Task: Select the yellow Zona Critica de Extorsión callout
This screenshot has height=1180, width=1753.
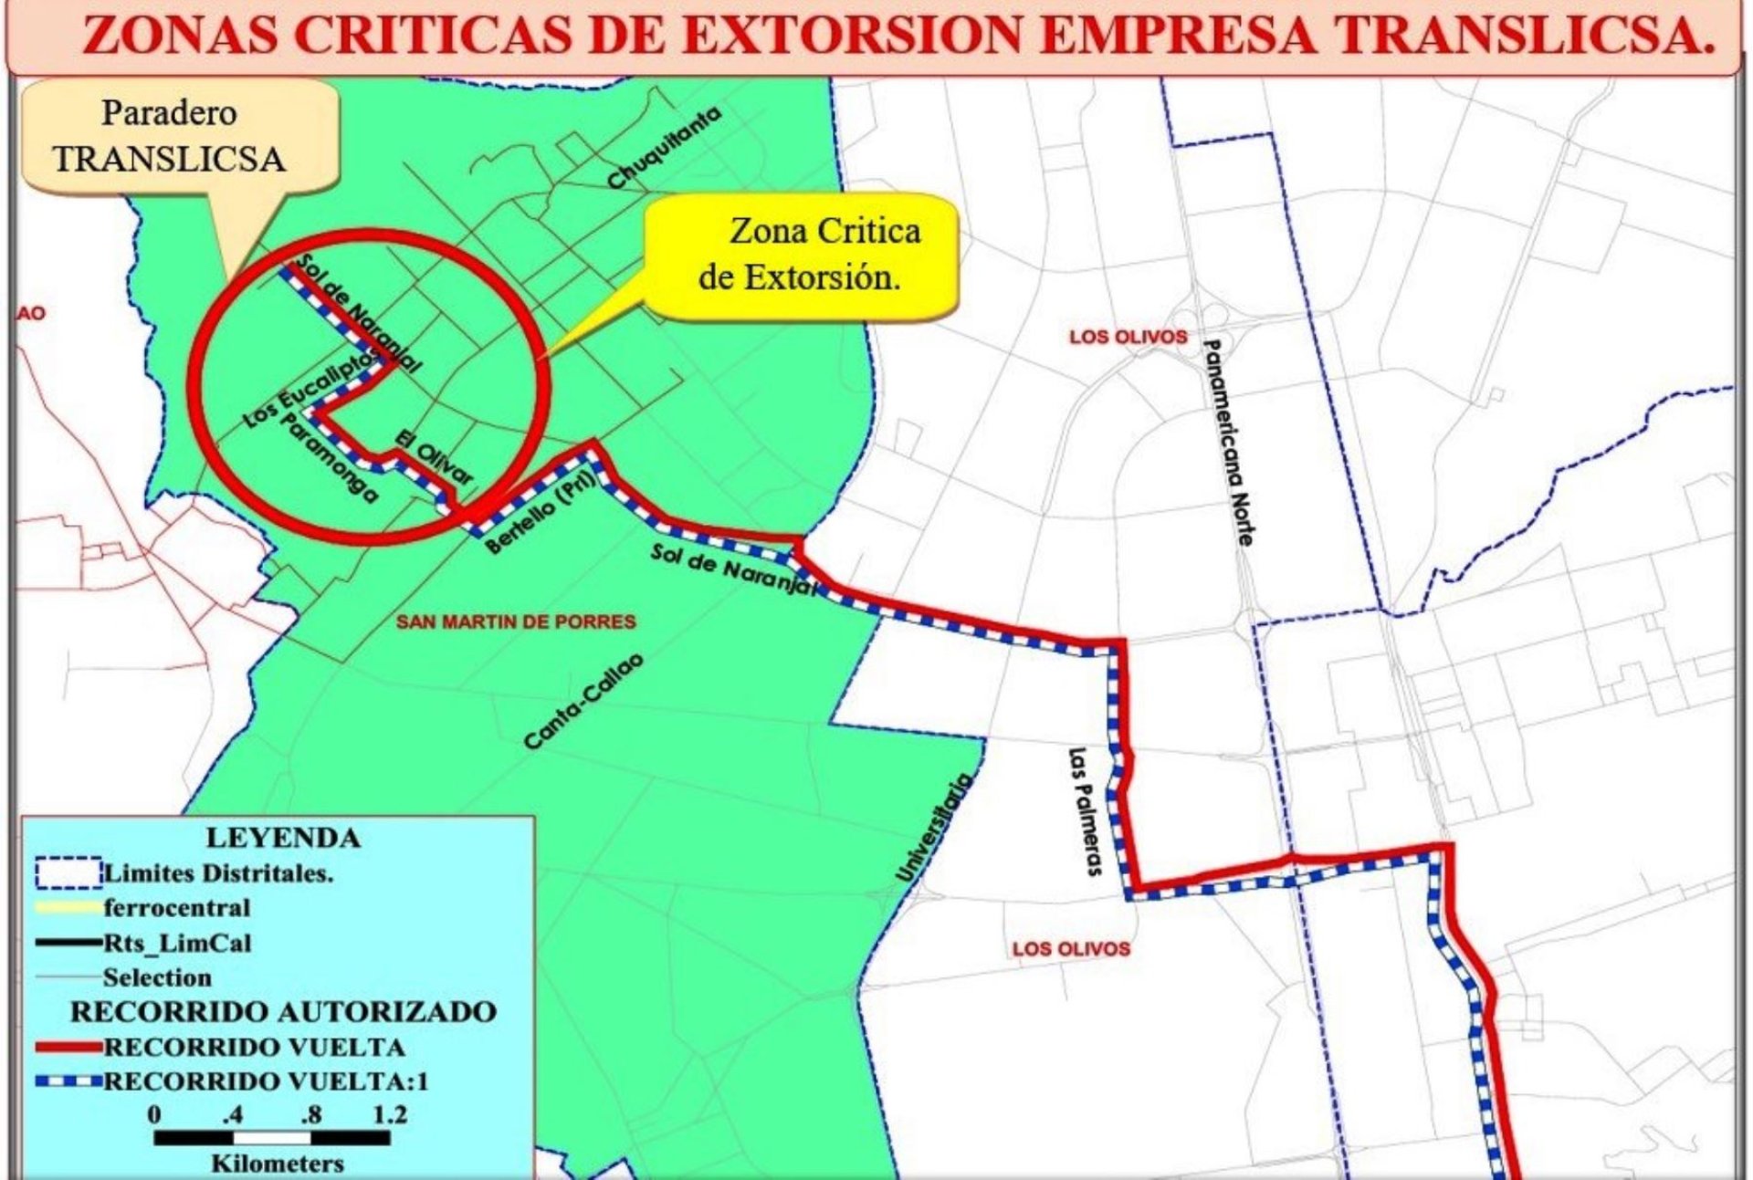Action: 803,255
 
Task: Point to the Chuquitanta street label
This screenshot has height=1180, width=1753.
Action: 664,147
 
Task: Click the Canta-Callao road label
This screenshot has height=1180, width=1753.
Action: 583,701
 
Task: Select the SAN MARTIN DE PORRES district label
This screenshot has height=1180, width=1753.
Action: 516,621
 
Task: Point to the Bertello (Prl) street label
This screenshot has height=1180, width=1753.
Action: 541,514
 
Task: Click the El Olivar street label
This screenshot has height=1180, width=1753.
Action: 434,456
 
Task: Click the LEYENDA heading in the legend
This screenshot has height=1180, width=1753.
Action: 282,837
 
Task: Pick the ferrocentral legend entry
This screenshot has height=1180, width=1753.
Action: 176,908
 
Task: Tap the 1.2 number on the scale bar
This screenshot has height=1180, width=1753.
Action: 389,1113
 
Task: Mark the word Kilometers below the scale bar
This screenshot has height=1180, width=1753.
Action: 278,1164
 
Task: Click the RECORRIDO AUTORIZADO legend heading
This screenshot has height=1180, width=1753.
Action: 283,1011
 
